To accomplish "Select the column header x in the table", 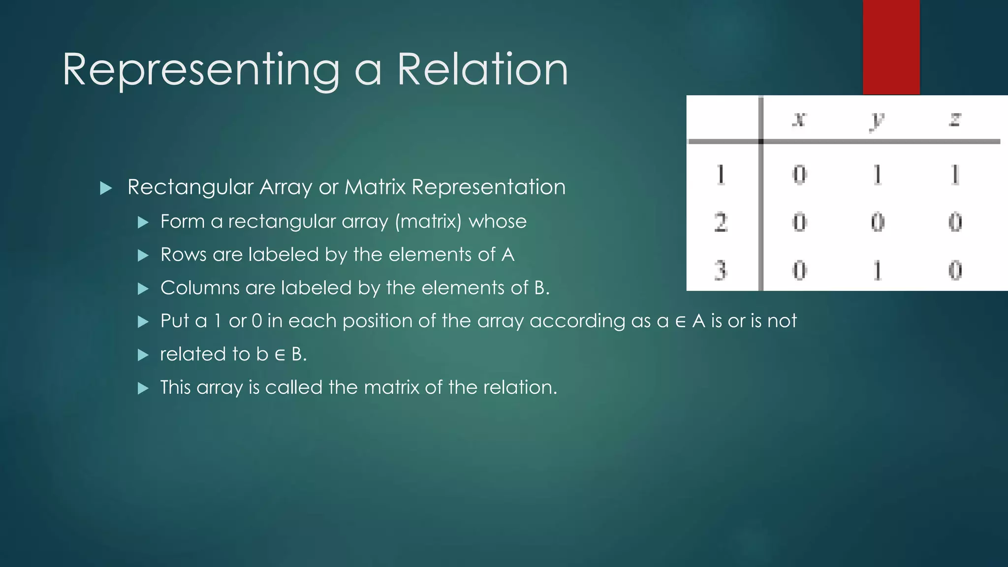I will click(799, 120).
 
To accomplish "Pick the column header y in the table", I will click(877, 121).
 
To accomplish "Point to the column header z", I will click(955, 120).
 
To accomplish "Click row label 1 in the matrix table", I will click(721, 175).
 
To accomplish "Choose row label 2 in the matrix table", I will click(721, 222).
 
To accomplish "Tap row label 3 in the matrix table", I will click(721, 270).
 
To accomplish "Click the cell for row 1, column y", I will click(877, 175).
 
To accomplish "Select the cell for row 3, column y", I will click(877, 270).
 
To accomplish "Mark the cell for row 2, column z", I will click(955, 222).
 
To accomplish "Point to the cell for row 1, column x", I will click(799, 175).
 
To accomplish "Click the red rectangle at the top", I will click(891, 47).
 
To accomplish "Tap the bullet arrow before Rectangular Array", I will click(106, 188).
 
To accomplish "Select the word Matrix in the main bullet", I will click(375, 187).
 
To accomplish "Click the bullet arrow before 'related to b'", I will click(143, 355).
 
